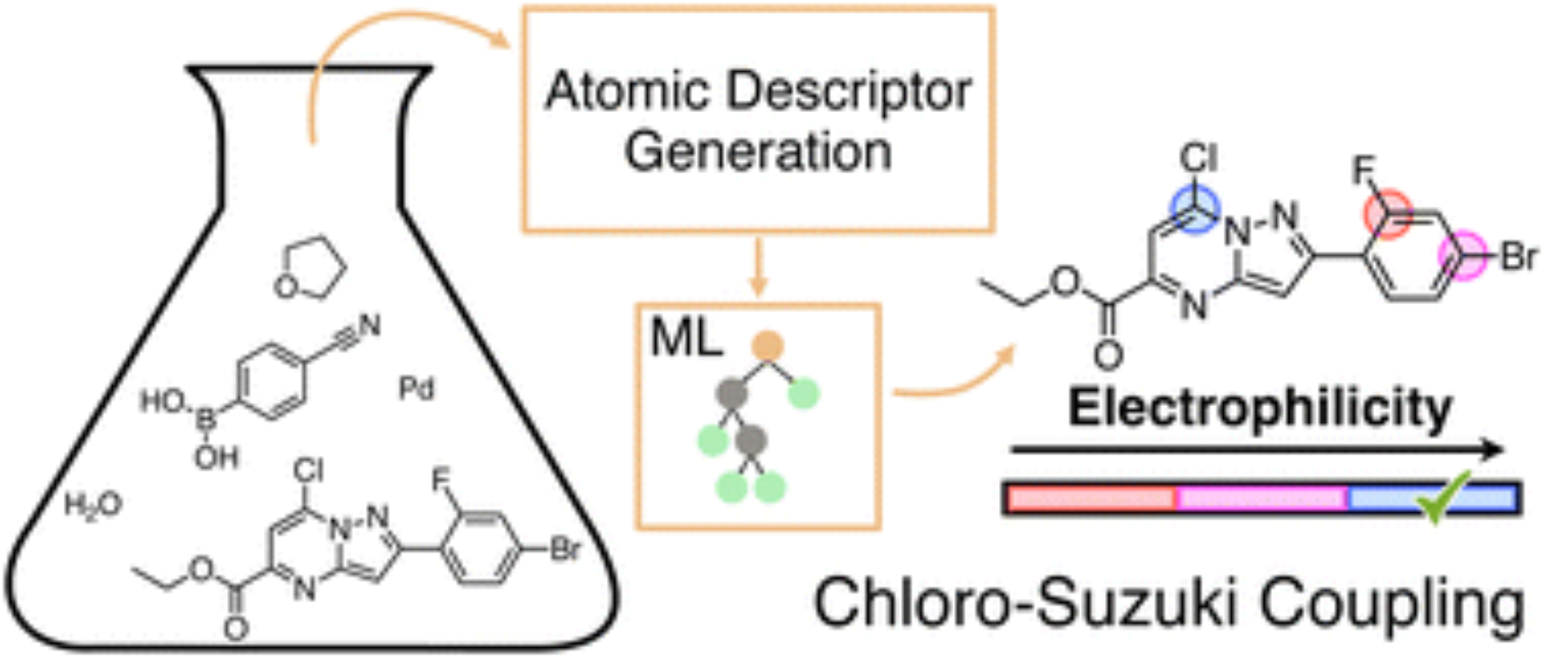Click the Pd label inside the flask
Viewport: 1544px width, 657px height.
(417, 388)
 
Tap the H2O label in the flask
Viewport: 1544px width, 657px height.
(93, 506)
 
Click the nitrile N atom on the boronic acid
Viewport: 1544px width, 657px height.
(369, 326)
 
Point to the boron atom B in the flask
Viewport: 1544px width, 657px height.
(206, 421)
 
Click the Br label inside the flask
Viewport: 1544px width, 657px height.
(565, 550)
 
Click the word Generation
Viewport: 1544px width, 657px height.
(758, 151)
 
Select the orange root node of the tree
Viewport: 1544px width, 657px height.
(767, 346)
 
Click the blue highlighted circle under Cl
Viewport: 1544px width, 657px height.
(1196, 211)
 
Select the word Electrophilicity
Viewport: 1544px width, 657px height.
(1260, 408)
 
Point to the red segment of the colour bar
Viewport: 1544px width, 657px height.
(1092, 499)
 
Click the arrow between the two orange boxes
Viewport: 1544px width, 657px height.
(758, 266)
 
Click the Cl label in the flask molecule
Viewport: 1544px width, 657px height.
(309, 470)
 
